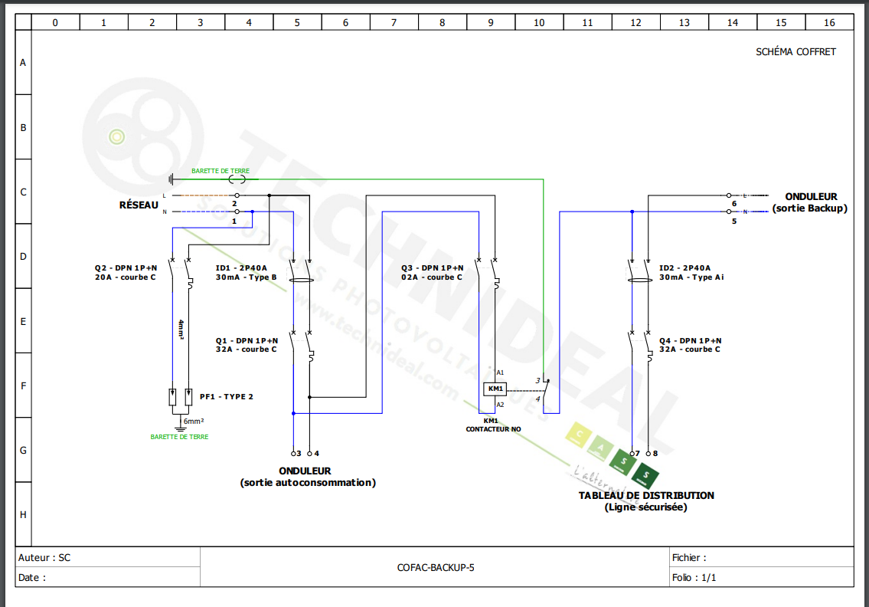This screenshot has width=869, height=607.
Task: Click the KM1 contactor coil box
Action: pos(495,389)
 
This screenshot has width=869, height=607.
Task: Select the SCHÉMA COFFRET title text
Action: pos(795,52)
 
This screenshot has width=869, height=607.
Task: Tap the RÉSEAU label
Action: pos(139,205)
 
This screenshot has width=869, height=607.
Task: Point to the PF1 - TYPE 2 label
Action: pos(226,397)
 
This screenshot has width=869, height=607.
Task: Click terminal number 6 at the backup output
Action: pos(733,204)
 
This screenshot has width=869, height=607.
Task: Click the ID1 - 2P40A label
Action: pos(241,268)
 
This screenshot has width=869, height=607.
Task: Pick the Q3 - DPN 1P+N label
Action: pos(432,268)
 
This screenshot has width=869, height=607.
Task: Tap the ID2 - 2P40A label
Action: pos(684,268)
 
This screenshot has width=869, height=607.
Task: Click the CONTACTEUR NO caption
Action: pos(493,429)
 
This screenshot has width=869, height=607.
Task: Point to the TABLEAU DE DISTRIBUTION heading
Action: pos(646,495)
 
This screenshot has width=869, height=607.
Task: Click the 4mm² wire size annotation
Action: pos(181,329)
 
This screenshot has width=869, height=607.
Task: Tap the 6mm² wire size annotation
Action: pos(193,422)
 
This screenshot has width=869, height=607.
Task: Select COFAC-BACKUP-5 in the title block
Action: pos(436,568)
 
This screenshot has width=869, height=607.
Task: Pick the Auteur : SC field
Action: pos(44,558)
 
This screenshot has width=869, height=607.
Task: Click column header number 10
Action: pos(539,23)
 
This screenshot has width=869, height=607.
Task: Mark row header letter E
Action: pos(23,322)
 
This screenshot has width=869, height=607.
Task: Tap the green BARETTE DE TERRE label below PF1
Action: pos(179,437)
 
